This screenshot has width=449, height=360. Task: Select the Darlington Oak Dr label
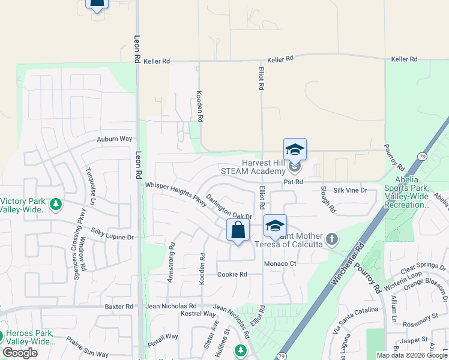click(x=228, y=207)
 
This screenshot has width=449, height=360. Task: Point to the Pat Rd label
click(x=293, y=181)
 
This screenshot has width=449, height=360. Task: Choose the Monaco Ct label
click(x=281, y=263)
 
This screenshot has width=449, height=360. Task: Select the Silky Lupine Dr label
click(x=112, y=233)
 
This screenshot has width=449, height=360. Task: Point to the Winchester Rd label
click(x=348, y=263)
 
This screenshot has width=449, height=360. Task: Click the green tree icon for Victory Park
click(x=56, y=205)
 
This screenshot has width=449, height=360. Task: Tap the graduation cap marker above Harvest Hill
click(x=295, y=148)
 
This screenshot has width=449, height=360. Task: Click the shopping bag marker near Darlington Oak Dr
click(x=238, y=230)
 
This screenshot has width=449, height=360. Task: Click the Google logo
click(x=20, y=353)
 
